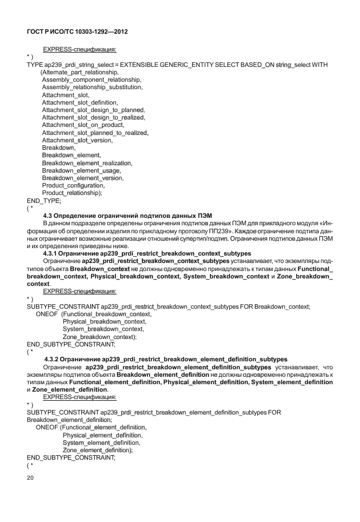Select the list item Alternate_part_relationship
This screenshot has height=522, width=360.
coord(80,73)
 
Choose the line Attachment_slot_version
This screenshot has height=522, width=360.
coord(78,140)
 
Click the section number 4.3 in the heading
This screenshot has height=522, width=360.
coord(58,215)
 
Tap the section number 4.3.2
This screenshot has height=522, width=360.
coord(61,358)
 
